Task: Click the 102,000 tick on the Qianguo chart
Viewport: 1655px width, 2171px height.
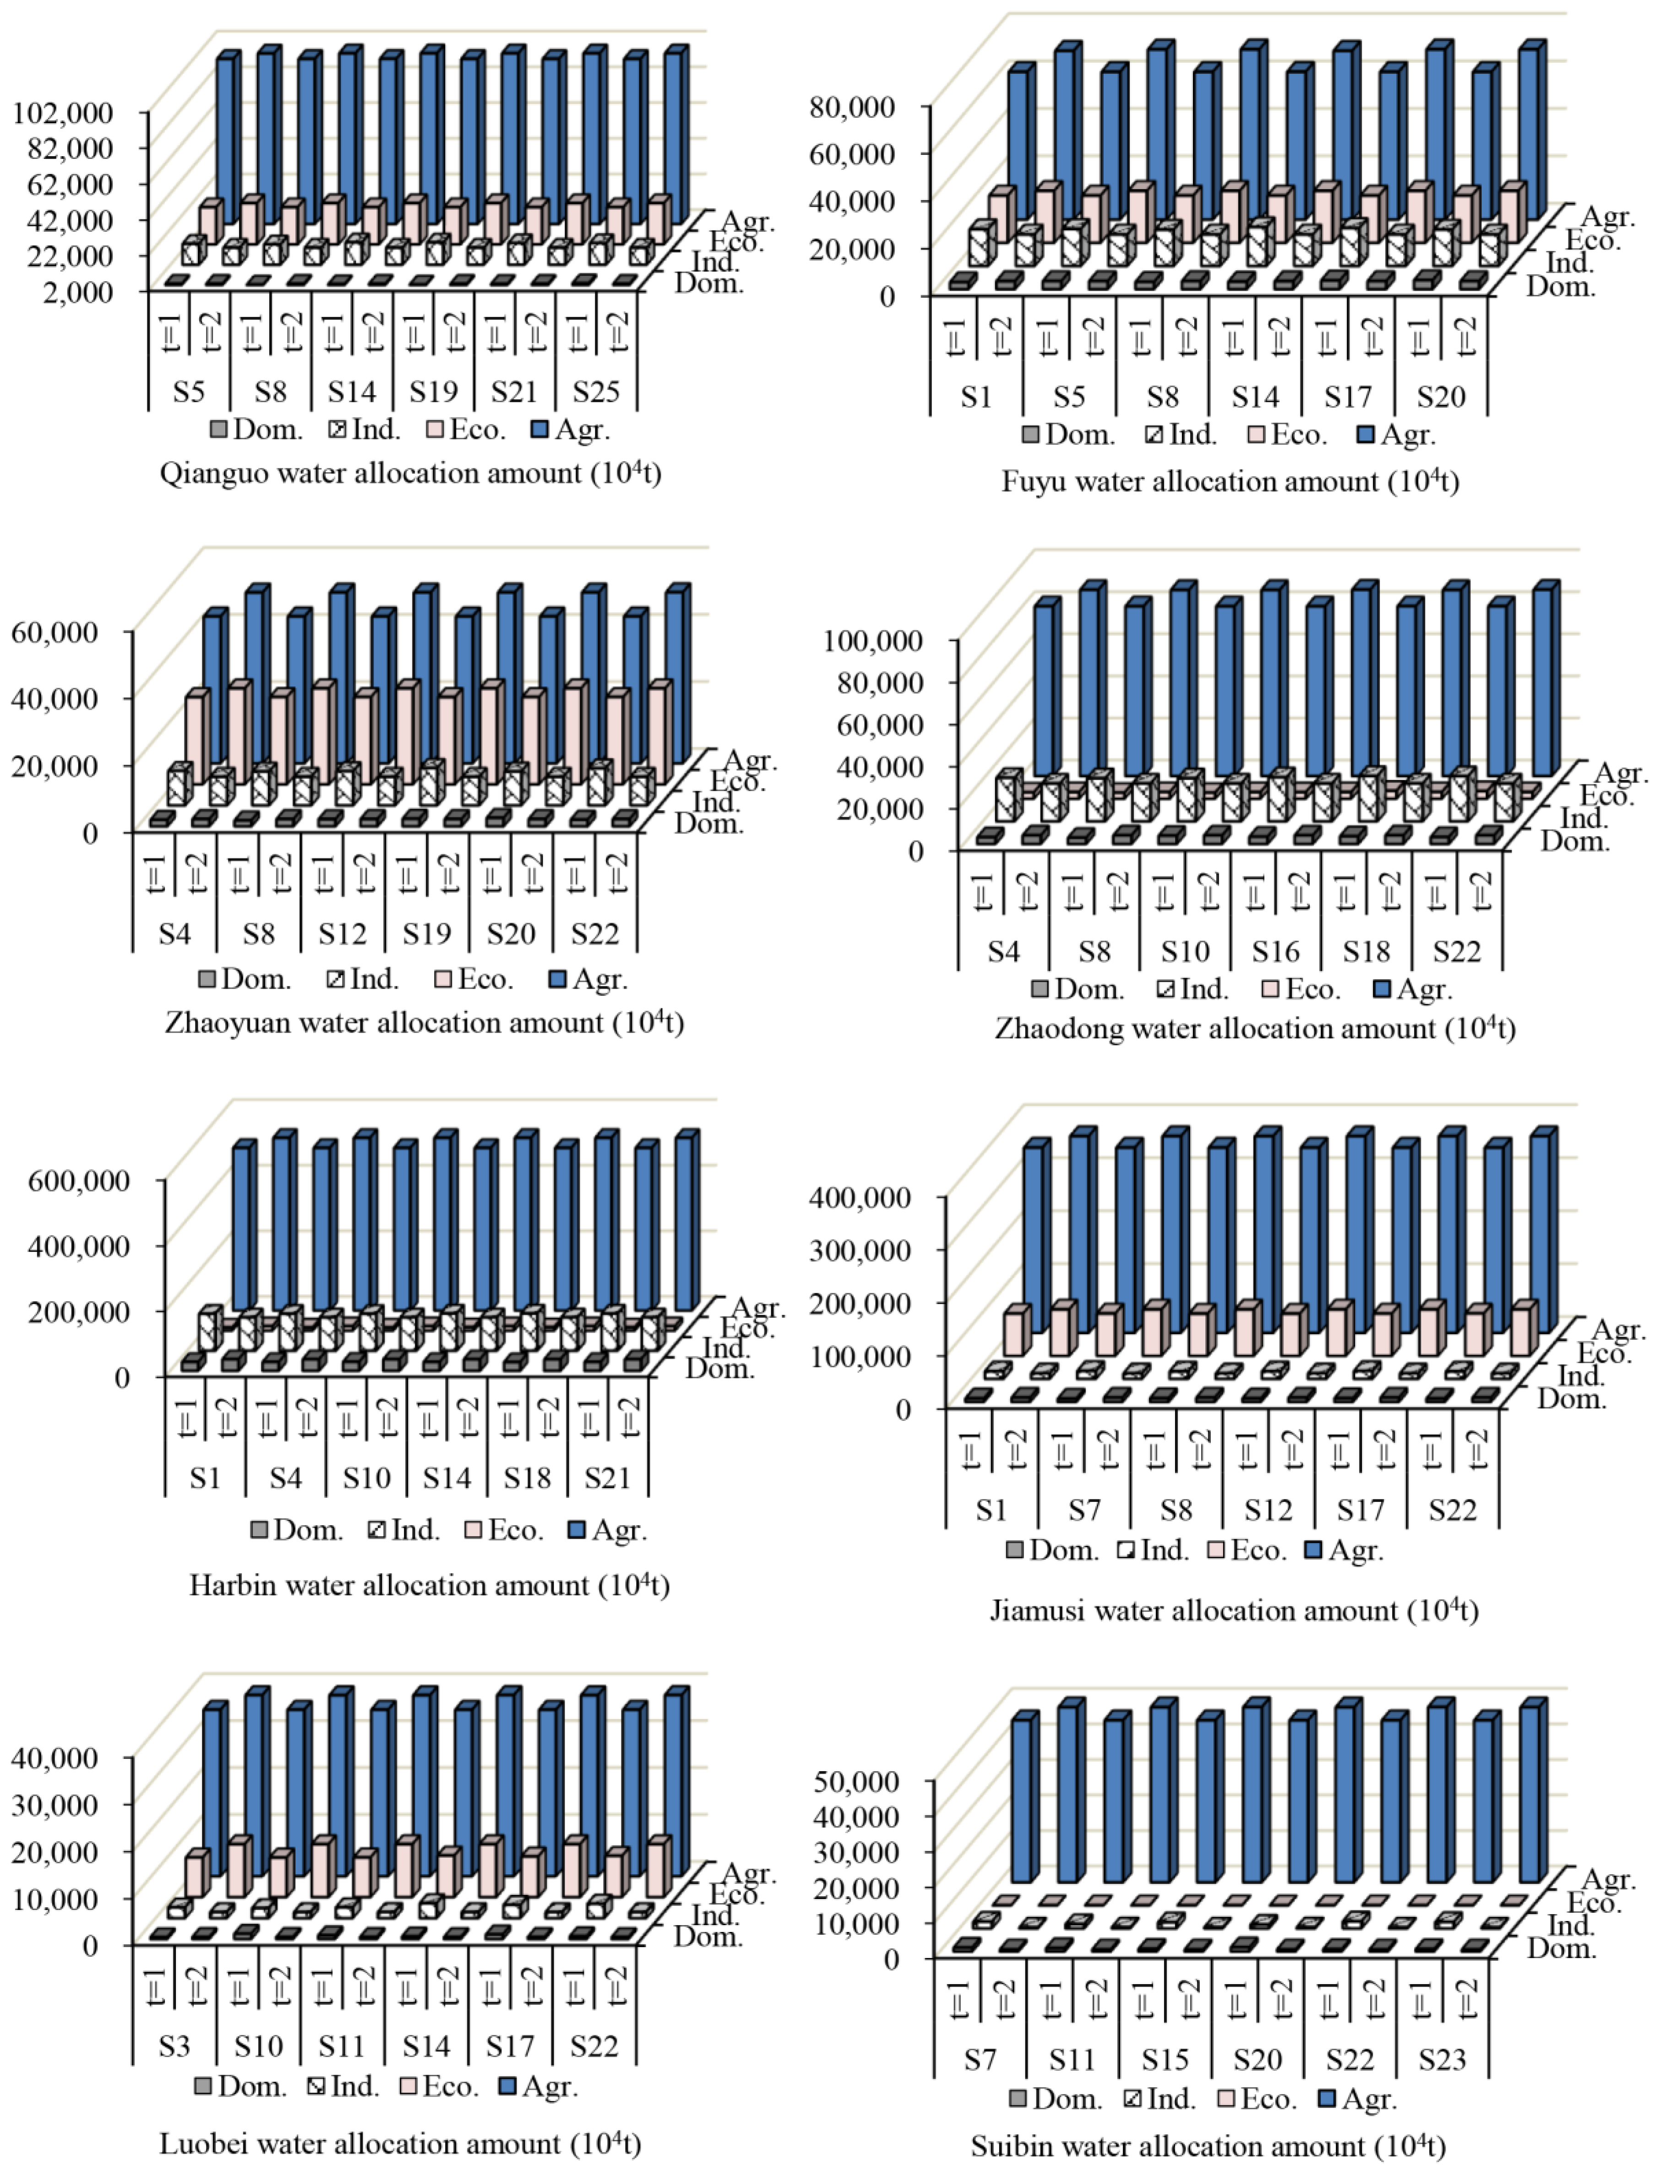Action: click(x=63, y=112)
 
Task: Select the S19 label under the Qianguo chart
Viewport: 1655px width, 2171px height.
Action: click(x=434, y=392)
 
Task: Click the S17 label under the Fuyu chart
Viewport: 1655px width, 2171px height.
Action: click(x=1348, y=397)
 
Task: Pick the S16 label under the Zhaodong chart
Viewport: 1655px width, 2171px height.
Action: click(x=1276, y=952)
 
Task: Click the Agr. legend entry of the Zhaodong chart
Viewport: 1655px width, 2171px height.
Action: click(x=1414, y=989)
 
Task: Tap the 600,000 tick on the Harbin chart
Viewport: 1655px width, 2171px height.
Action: click(x=79, y=1180)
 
